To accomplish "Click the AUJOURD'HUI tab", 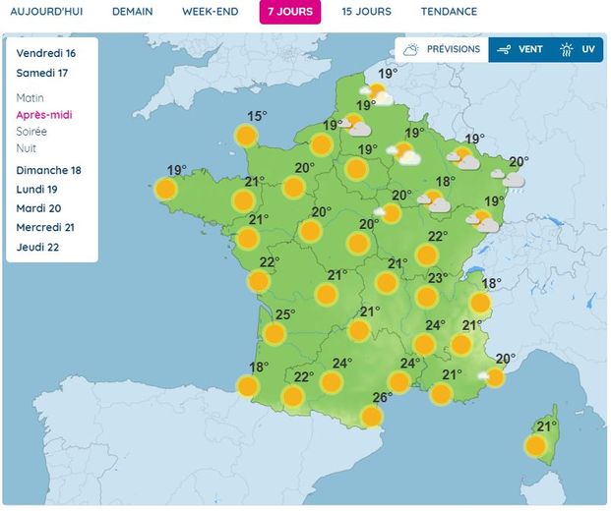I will coord(48,12).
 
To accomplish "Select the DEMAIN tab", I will coord(132,12).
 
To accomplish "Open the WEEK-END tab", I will coord(210,12).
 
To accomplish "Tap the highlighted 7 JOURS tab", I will coord(290,12).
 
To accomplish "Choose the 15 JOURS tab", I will coord(366,12).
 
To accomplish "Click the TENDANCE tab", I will coord(449,12).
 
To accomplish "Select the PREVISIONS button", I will coord(442,49).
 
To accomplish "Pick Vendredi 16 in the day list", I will coord(45,53).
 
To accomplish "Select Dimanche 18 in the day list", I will coord(48,170).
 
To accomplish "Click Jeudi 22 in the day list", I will coord(38,247).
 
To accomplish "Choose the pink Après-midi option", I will coord(44,115).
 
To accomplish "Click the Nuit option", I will coord(27,148).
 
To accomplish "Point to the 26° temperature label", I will coord(383,398).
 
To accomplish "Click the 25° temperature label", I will coord(284,315).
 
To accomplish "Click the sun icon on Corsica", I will coord(536,446).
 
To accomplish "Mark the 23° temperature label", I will coord(438,278).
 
